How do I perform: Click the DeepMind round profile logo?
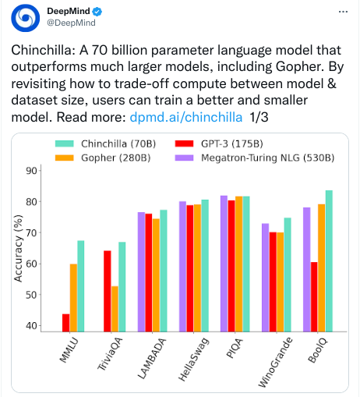point(25,18)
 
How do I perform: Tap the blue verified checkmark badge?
point(97,12)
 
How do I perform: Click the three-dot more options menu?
point(343,12)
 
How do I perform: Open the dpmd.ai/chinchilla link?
point(186,117)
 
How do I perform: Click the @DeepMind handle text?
point(71,23)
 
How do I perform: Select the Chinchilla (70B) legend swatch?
point(65,144)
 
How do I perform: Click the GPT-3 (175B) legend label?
point(232,144)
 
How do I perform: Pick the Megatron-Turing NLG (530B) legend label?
point(268,158)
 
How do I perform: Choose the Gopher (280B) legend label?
point(116,158)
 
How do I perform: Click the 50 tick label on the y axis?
point(31,295)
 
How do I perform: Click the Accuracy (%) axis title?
point(18,248)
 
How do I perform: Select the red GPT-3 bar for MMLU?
point(66,323)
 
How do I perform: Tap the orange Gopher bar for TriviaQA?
point(115,309)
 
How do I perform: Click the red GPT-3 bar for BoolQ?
point(314,297)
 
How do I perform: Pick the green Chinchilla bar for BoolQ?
point(329,261)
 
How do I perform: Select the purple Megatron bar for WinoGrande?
point(265,278)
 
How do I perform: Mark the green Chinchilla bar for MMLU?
point(81,286)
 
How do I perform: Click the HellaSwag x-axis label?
point(194,359)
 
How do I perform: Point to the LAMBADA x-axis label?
point(152,358)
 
